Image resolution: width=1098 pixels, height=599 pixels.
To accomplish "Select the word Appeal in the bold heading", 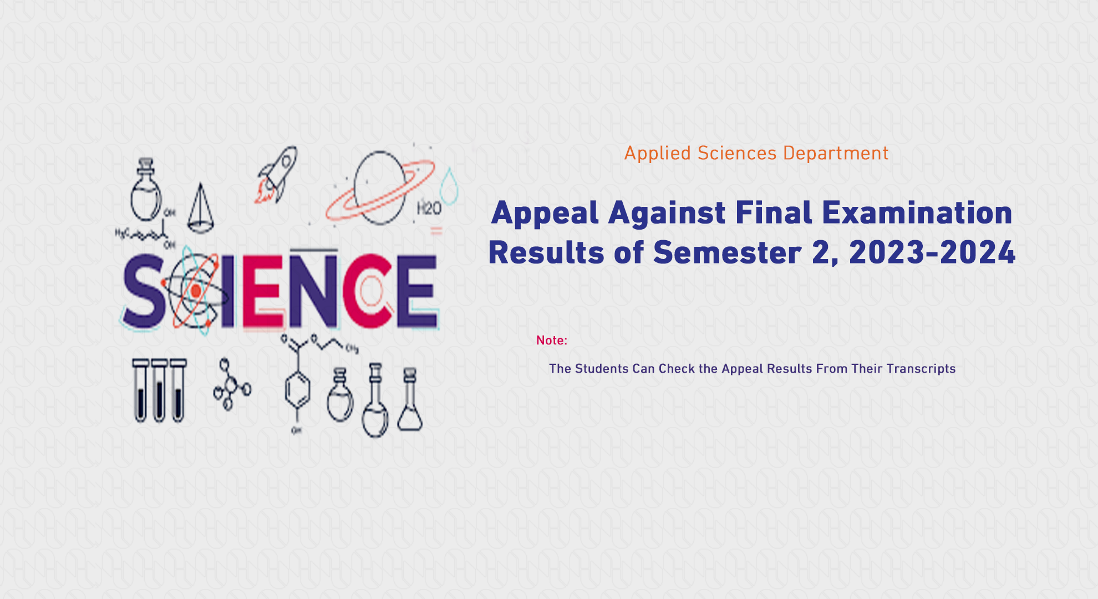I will tap(545, 214).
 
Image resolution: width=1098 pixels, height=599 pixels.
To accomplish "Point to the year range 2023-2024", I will tap(932, 253).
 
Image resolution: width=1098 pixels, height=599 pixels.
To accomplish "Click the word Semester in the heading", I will tap(727, 253).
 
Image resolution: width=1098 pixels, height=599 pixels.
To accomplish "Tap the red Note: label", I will tap(551, 341).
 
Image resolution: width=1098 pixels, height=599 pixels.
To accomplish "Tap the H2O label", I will tap(429, 209).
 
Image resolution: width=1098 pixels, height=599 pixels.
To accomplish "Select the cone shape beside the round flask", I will tap(200, 210).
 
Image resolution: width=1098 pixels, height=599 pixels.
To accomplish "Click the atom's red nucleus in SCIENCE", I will tap(196, 291).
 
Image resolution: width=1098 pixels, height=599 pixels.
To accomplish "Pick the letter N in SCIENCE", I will tap(313, 291).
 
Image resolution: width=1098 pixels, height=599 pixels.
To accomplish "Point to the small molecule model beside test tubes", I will tap(231, 384).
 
